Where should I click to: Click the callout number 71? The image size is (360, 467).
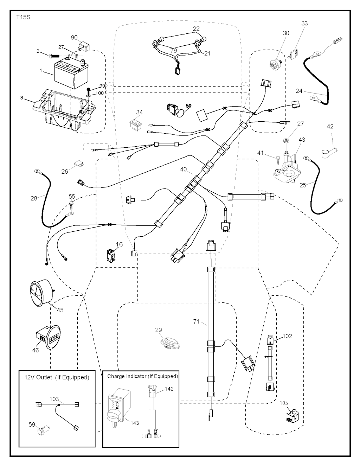point(197,321)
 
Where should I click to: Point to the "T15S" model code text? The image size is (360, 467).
point(23,17)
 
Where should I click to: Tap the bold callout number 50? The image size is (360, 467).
point(189,106)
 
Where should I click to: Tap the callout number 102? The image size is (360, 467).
point(287,336)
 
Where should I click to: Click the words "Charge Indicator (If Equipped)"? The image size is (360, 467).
point(142,376)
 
